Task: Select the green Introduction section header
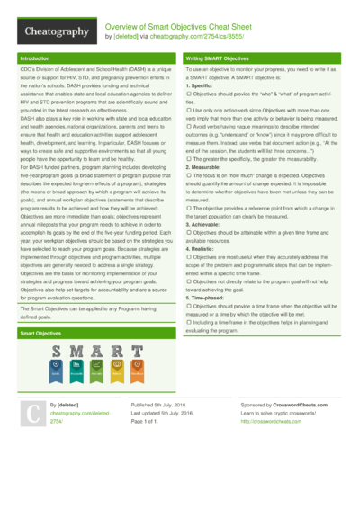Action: pyautogui.click(x=35, y=58)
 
